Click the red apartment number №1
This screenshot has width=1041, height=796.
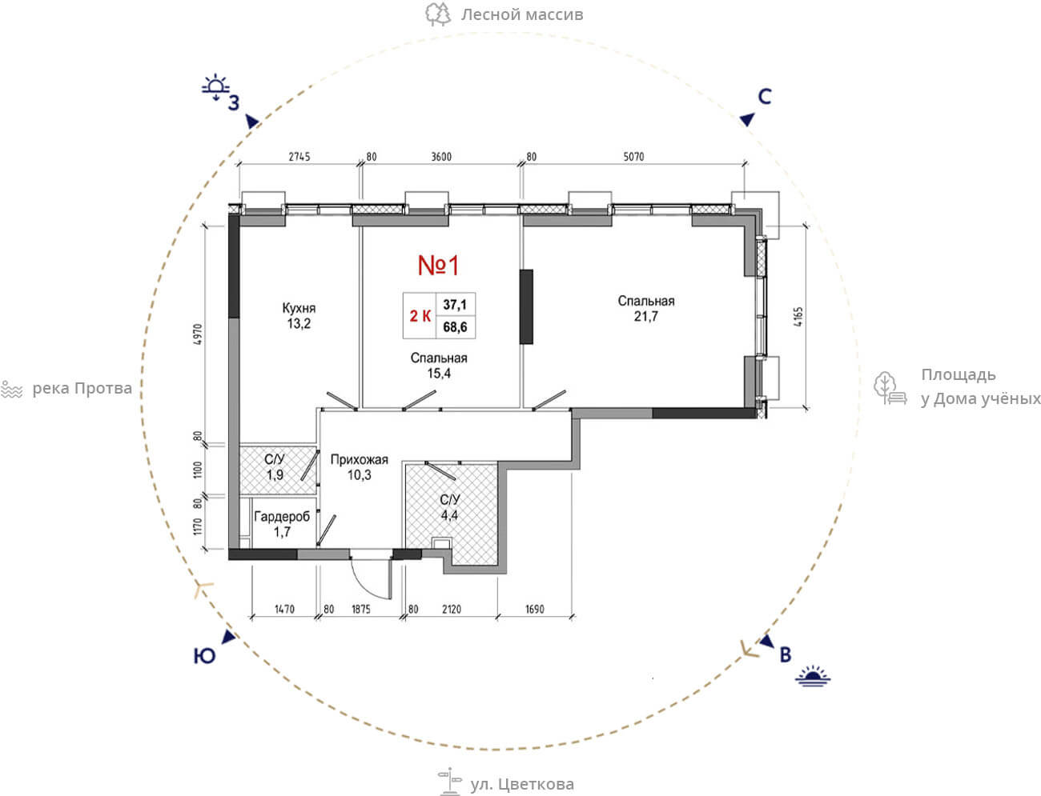coord(438,266)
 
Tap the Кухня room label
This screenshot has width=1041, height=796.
coord(299,308)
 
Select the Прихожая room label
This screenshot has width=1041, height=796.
coord(359,459)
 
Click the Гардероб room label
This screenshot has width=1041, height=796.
coord(282,517)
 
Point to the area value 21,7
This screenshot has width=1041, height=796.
coord(646,316)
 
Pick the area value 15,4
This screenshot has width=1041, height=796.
coord(439,374)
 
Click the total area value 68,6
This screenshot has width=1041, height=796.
coord(455,327)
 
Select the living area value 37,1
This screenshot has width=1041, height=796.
coord(455,305)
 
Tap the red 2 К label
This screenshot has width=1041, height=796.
coord(420,315)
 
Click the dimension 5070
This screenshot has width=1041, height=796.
coord(633,156)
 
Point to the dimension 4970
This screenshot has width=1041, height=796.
coord(199,334)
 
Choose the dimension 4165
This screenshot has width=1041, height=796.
coord(798,317)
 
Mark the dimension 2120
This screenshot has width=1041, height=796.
coord(452,609)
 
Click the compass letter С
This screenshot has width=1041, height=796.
coord(765,97)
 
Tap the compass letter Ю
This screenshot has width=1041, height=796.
coord(204,656)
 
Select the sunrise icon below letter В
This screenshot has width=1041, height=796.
coord(813,676)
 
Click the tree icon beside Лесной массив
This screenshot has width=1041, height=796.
coord(438,14)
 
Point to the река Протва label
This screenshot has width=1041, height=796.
coord(82,389)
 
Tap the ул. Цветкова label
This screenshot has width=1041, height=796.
coord(522,784)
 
